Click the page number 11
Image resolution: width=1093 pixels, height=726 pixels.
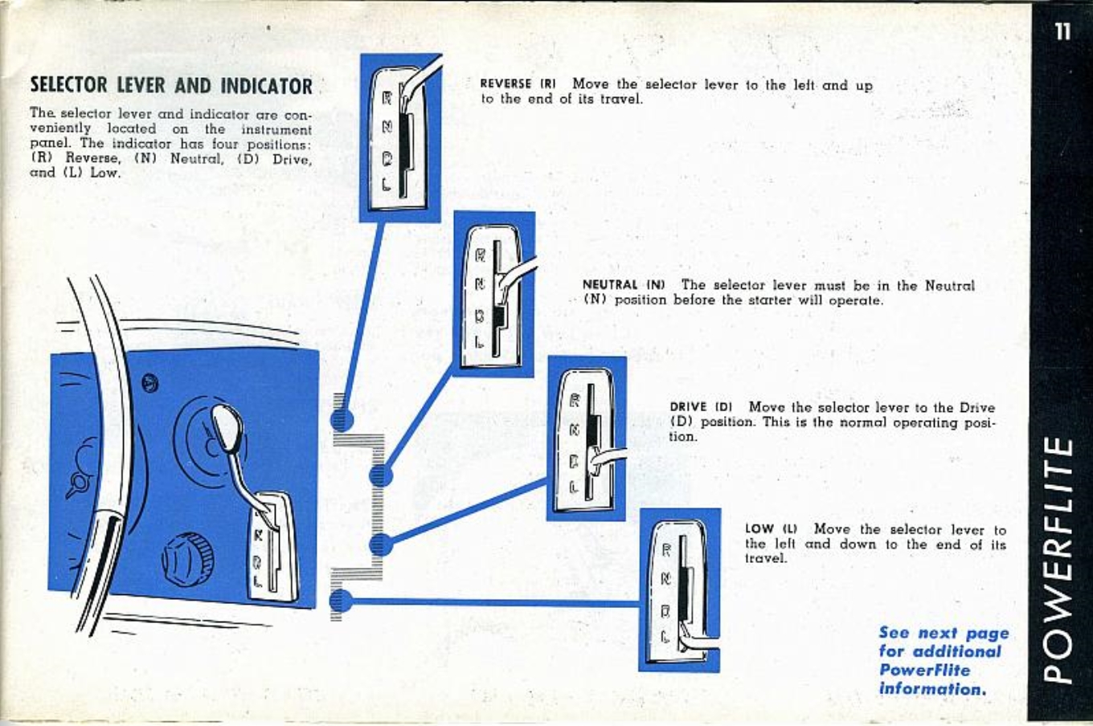click(x=1062, y=31)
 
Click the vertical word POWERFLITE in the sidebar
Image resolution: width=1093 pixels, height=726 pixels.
click(x=1061, y=559)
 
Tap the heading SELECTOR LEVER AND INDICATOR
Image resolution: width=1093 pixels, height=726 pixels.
click(x=170, y=85)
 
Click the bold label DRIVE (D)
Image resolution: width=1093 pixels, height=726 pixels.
click(x=700, y=407)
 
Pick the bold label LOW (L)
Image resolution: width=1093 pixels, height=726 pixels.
click(x=771, y=529)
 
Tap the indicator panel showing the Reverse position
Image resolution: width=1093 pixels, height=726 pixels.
click(x=400, y=138)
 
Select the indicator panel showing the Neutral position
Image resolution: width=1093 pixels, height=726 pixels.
click(x=493, y=295)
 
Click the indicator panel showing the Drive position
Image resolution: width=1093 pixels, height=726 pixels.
click(x=587, y=438)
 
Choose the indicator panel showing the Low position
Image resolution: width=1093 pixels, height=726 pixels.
click(x=679, y=590)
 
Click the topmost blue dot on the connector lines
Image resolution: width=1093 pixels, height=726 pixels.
click(x=341, y=418)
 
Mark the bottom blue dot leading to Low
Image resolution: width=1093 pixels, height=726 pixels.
click(x=340, y=600)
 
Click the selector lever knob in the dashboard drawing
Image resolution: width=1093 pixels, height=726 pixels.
click(x=227, y=427)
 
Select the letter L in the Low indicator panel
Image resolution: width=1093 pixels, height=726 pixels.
click(x=665, y=637)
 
